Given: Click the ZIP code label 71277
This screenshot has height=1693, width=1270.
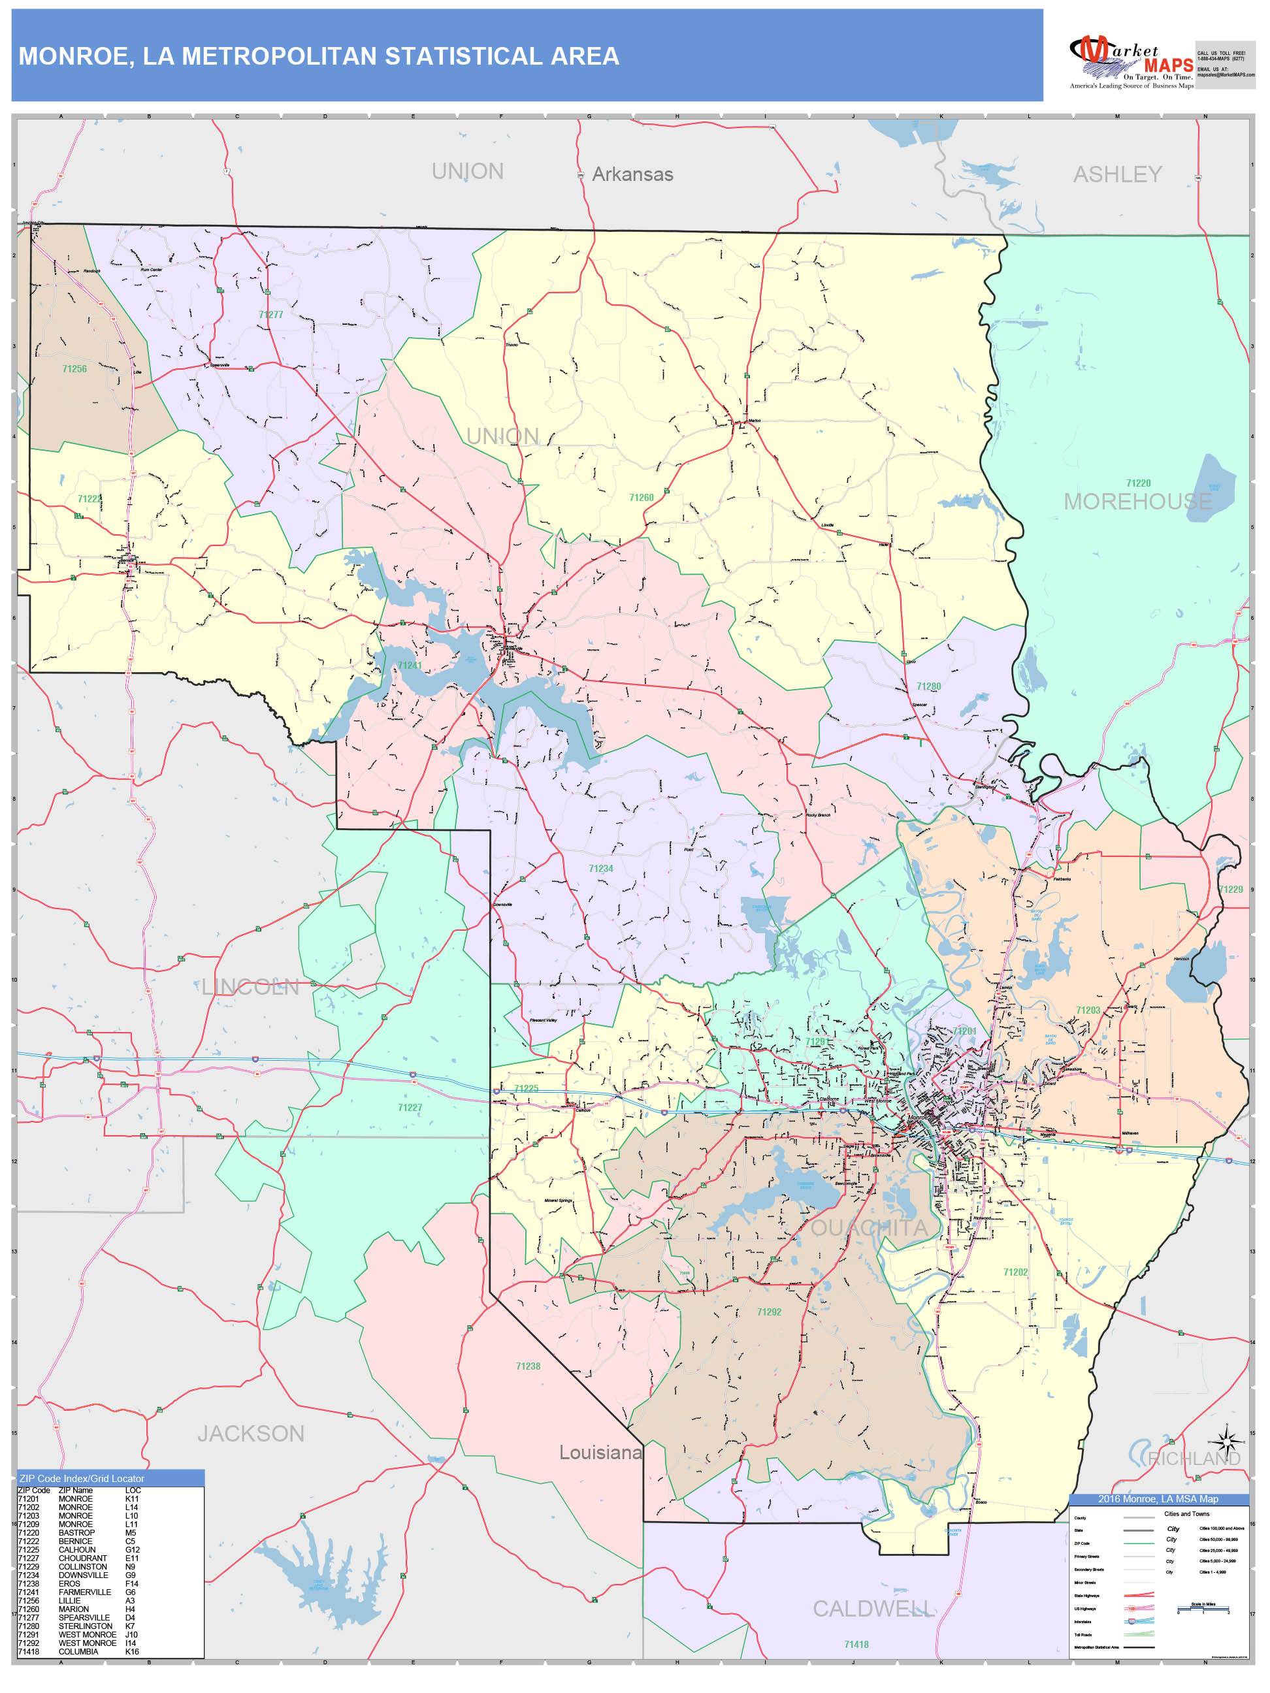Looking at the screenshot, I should click(271, 315).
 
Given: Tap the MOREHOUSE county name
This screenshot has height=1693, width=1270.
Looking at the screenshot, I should click(1137, 502).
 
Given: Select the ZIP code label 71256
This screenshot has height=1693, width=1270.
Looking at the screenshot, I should click(74, 369).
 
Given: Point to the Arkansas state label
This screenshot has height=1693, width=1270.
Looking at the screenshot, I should click(632, 174).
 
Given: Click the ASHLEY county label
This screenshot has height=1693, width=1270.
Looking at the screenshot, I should click(1117, 174).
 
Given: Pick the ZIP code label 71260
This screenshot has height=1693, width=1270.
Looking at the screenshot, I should click(642, 498).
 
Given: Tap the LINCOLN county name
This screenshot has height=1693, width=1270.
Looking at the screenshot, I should click(250, 988).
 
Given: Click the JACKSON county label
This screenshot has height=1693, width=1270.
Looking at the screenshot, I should click(250, 1434).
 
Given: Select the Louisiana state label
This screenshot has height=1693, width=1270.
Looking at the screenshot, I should click(600, 1453).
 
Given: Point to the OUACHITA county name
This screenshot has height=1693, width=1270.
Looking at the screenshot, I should click(869, 1229).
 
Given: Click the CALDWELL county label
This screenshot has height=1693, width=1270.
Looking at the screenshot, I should click(873, 1609).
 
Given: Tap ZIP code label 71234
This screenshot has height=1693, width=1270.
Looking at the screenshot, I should click(601, 869).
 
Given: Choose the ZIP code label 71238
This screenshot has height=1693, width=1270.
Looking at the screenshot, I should click(529, 1366).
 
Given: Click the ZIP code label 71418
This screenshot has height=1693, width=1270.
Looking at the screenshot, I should click(856, 1644).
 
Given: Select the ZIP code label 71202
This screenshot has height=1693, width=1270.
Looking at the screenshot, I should click(1016, 1272).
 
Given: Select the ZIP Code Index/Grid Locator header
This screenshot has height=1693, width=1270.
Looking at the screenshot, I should click(82, 1478).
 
